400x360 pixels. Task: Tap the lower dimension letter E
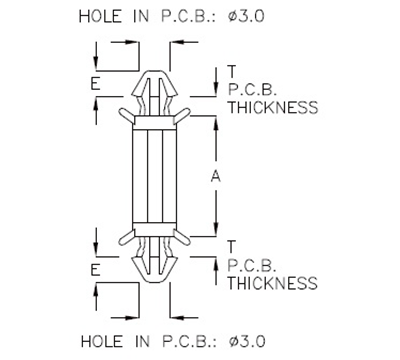click(x=94, y=270)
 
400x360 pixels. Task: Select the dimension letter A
click(x=216, y=176)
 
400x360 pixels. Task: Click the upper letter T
click(x=231, y=70)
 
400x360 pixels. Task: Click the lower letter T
click(x=231, y=246)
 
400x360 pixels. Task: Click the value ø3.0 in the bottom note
click(x=245, y=341)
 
